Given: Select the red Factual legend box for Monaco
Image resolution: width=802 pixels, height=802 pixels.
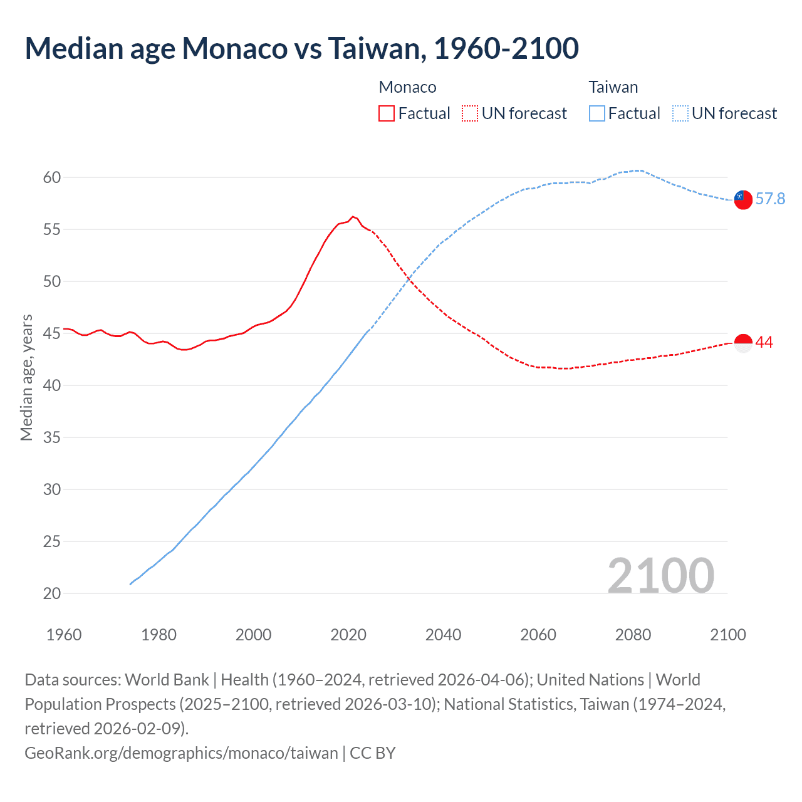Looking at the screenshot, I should [x=387, y=113].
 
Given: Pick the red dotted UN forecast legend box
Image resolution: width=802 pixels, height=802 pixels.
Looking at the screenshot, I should [x=470, y=113].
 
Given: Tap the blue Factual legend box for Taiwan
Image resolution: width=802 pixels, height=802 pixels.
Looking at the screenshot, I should [x=597, y=113].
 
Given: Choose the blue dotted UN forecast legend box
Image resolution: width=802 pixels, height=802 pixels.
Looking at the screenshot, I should [x=680, y=113].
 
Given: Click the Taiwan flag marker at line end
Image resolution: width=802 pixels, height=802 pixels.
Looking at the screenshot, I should [x=742, y=199].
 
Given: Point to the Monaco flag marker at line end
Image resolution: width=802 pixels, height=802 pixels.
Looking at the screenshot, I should [x=742, y=343].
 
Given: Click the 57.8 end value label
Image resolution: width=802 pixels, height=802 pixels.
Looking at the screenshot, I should [x=770, y=199].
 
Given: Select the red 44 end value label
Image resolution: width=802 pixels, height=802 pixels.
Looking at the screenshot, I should [x=764, y=343].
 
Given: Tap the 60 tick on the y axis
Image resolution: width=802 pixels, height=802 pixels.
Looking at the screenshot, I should [x=52, y=178].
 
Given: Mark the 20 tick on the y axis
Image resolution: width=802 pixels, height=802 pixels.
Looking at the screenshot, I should [x=52, y=593].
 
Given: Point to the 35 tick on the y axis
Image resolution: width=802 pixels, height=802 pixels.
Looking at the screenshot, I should [x=52, y=437].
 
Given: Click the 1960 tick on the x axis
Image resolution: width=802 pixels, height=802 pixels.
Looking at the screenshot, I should [x=64, y=635].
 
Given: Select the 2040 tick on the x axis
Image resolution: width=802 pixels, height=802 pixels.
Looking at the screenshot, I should [x=443, y=635].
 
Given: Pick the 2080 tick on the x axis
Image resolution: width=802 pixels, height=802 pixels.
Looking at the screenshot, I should [x=633, y=635].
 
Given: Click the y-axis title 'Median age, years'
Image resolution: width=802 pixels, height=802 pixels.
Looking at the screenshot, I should [x=26, y=378].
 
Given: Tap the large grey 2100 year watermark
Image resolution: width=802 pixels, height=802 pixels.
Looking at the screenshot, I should [x=660, y=576].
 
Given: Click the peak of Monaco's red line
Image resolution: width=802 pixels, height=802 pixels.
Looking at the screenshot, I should [x=353, y=217].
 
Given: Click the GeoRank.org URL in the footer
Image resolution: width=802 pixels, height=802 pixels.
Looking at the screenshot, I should [x=181, y=753].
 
